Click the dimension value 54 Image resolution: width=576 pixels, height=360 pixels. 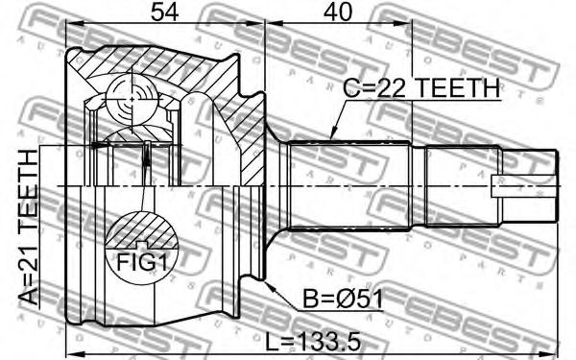[165, 12]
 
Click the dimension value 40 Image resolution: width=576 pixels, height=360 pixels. [338, 12]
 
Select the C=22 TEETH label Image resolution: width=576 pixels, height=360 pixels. [421, 88]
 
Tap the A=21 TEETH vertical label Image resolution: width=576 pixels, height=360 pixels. [29, 228]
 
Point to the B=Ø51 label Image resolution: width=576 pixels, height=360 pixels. [343, 299]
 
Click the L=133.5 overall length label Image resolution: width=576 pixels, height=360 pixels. [313, 343]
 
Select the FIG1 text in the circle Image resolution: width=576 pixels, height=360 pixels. [142, 263]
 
